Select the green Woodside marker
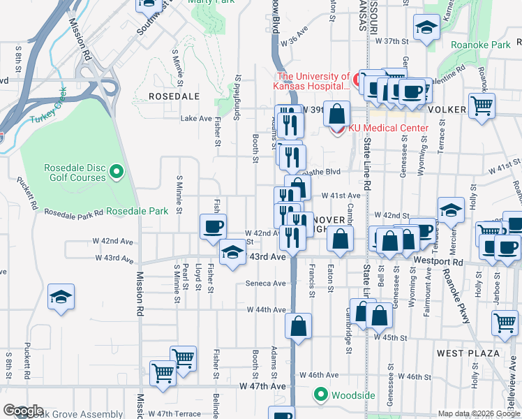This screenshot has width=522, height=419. tap(321, 395)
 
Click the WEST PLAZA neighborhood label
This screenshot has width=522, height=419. tap(468, 353)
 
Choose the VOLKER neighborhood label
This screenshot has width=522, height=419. tap(447, 110)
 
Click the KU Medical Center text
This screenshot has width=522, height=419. tap(390, 128)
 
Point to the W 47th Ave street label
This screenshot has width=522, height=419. tap(262, 385)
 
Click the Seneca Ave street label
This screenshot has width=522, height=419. tap(265, 284)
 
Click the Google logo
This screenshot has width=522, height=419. tap(23, 411)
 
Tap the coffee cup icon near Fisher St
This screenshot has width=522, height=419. tap(213, 226)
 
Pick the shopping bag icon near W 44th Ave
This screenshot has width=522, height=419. tap(299, 327)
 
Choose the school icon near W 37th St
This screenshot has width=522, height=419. tap(426, 29)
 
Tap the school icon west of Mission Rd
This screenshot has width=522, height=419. tap(61, 297)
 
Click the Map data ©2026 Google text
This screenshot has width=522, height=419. tap(479, 413)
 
